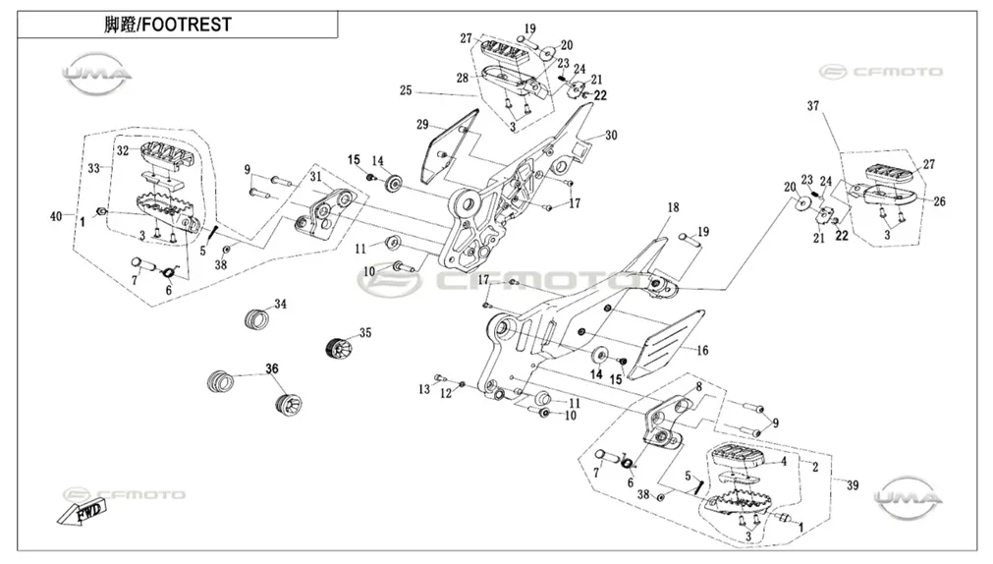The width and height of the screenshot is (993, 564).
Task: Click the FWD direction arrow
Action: (79, 511)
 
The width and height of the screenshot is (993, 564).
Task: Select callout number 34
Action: (281, 305)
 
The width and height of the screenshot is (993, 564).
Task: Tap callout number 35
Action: (365, 333)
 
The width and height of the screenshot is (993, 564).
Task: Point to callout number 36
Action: (272, 368)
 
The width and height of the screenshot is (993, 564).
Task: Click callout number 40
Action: (56, 217)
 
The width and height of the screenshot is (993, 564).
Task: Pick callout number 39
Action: (853, 485)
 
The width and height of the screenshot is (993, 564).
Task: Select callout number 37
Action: (813, 106)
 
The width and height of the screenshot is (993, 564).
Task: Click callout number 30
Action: (611, 135)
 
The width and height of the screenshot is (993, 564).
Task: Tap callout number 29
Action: (422, 125)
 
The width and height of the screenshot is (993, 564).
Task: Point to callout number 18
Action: (673, 207)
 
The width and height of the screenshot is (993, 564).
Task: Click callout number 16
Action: (702, 351)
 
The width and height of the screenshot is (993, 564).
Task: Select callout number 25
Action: (406, 90)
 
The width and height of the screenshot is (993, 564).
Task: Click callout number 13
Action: (423, 389)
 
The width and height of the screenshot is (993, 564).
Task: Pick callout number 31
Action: (315, 177)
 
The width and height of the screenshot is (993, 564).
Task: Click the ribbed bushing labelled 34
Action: (257, 317)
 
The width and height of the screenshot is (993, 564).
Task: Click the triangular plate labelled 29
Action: (447, 145)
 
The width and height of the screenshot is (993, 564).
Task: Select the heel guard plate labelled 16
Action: (671, 342)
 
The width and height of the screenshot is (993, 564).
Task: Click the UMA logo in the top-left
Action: (97, 74)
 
